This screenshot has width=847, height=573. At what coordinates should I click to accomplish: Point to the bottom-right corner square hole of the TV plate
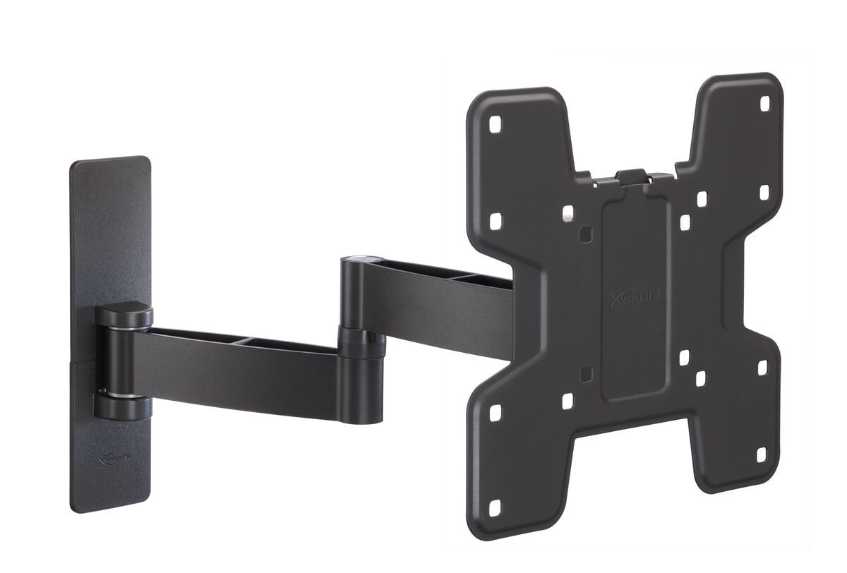point(762,455)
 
